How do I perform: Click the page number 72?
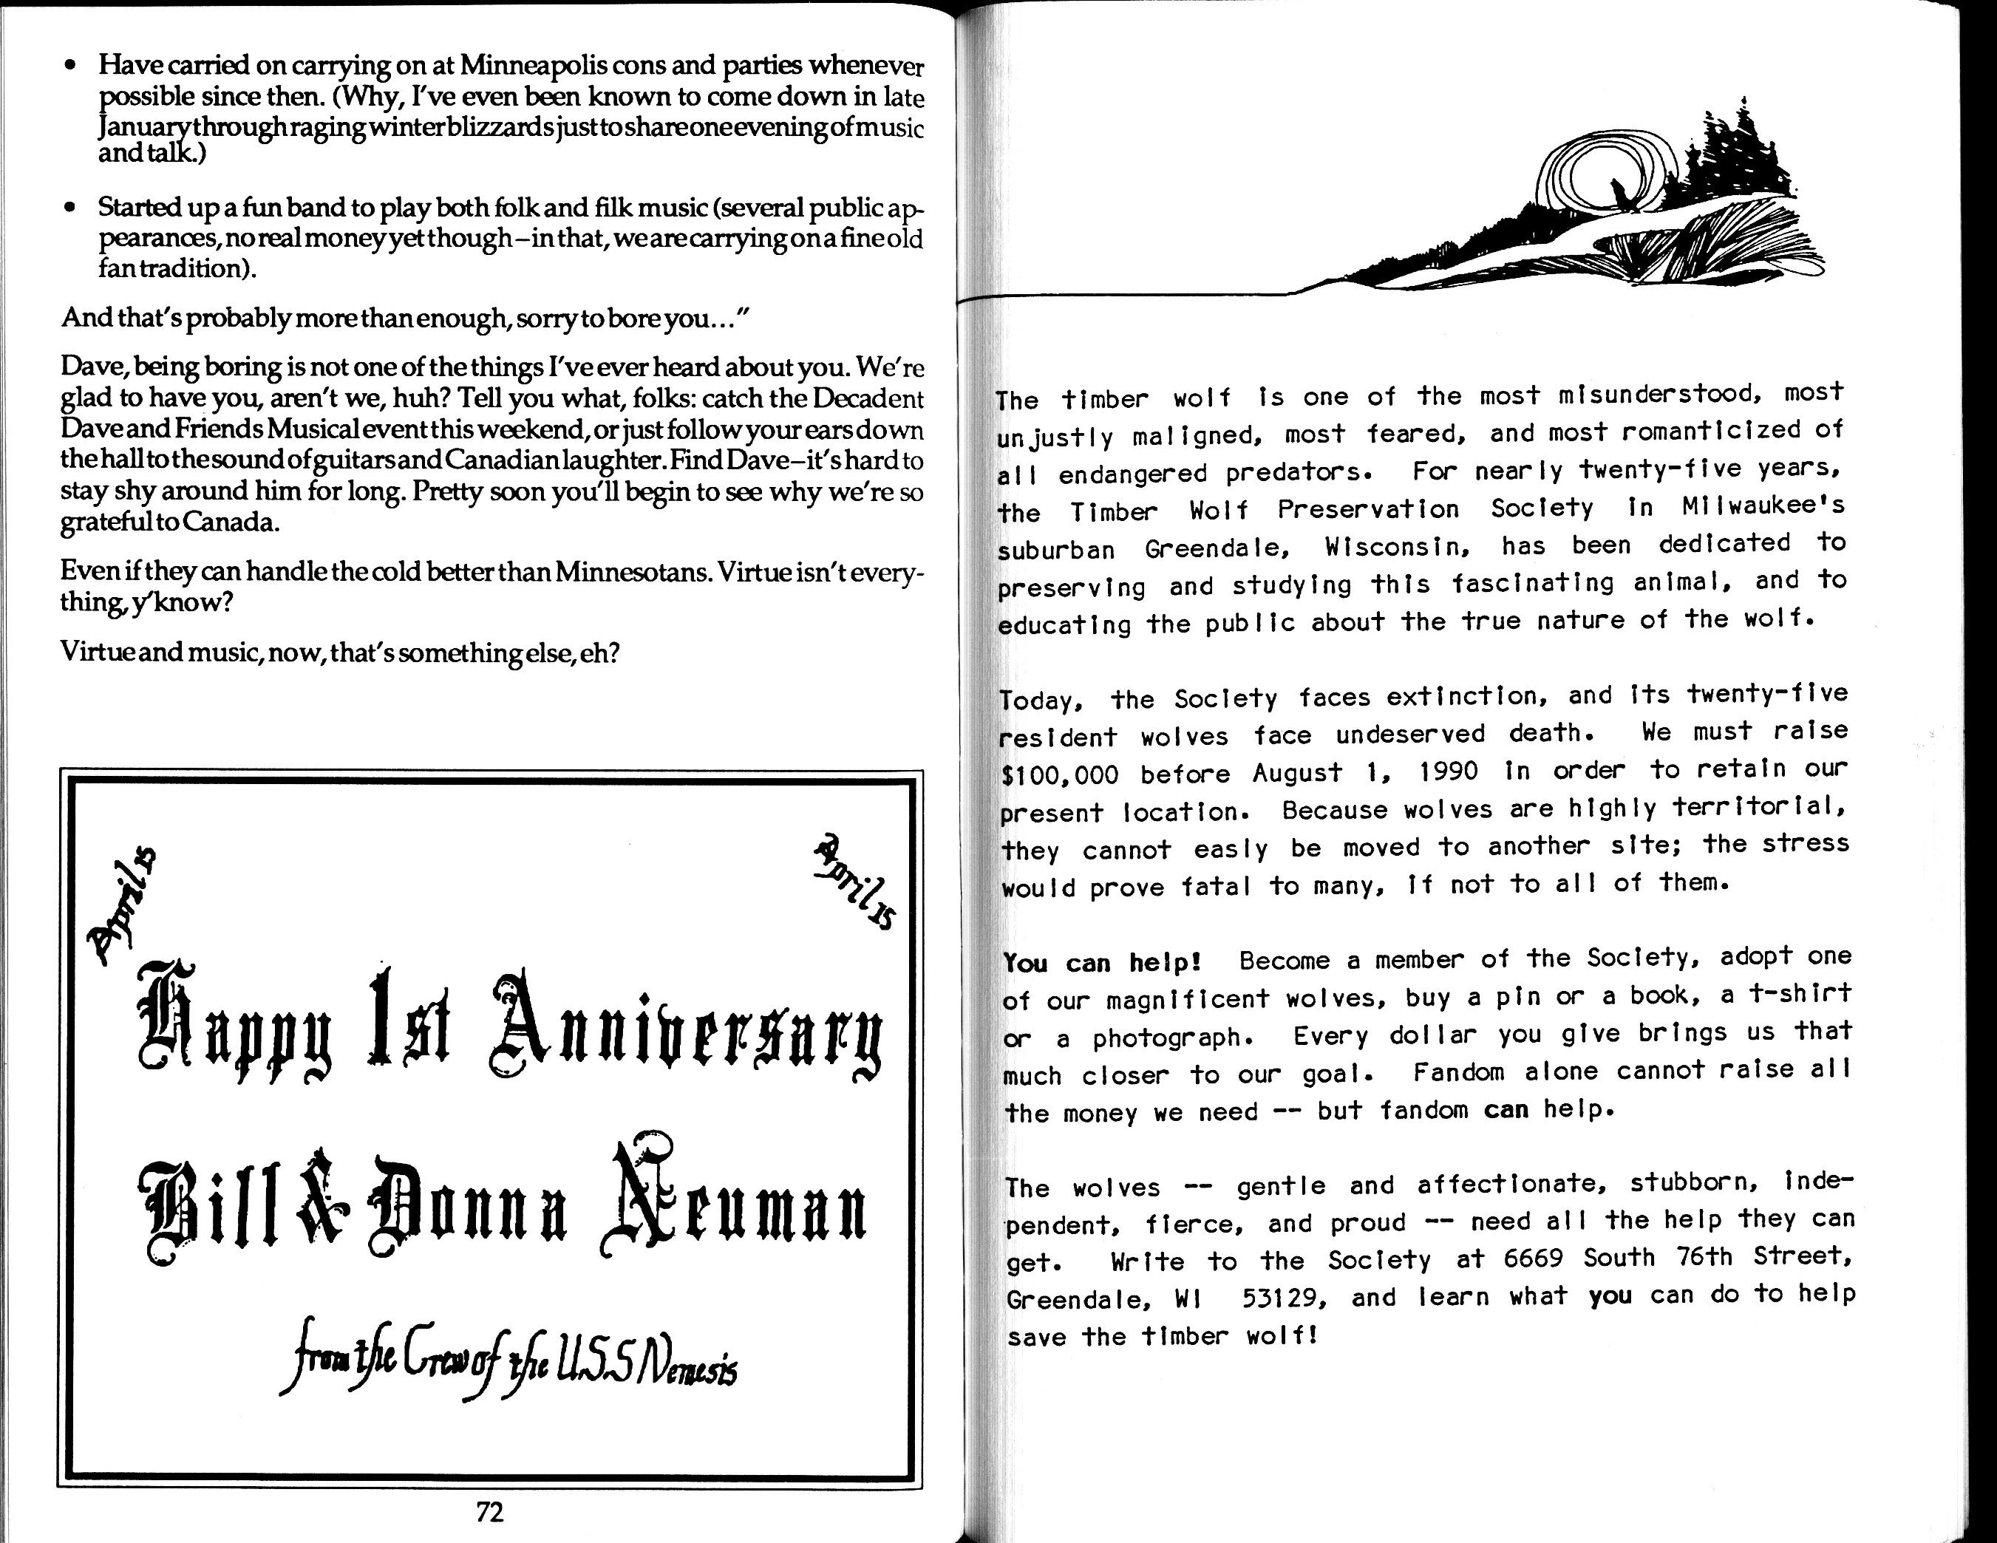pos(490,1512)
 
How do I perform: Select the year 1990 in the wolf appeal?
pos(1449,771)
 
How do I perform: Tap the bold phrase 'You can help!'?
pos(1102,963)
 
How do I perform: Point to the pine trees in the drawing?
pos(1738,160)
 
